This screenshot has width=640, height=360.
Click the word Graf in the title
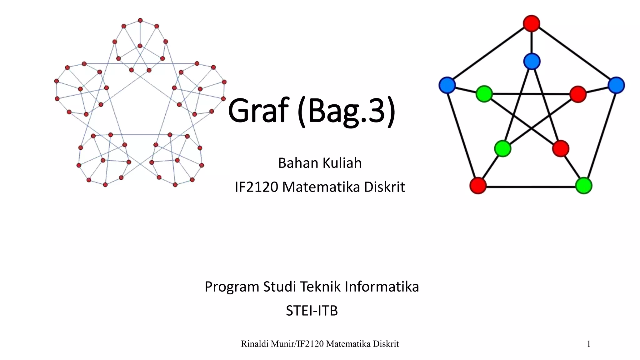point(258,110)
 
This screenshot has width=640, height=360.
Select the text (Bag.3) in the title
point(346,111)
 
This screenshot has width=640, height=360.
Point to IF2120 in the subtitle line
point(256,187)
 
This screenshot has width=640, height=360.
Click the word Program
point(232,287)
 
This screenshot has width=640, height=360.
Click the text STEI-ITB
point(312,311)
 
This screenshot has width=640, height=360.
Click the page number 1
point(588,344)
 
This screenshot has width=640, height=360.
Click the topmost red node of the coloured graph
point(531,23)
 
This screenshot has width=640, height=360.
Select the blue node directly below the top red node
point(532,61)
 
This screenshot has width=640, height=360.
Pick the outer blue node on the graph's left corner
point(447,85)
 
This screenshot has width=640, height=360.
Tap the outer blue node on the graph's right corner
point(616,85)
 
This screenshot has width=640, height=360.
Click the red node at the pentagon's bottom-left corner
point(478,186)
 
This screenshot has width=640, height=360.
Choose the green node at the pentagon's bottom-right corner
point(583,186)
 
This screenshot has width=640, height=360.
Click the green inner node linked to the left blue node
point(484,93)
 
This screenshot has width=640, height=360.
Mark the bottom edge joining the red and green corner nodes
point(531,187)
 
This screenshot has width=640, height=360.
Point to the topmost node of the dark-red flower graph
point(140,20)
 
